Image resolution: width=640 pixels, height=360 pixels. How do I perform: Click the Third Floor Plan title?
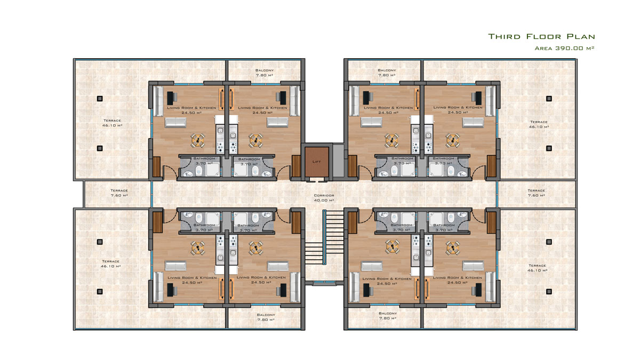pyautogui.click(x=541, y=37)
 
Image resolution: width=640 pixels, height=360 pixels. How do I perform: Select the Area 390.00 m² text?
pyautogui.click(x=565, y=48)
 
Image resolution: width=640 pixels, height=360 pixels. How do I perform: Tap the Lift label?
pyautogui.click(x=317, y=162)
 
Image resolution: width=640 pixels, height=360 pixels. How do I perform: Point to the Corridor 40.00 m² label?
pyautogui.click(x=324, y=198)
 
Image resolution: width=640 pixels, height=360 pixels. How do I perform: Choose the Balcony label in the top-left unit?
pyautogui.click(x=265, y=73)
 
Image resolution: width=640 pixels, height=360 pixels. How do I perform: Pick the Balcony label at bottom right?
pyautogui.click(x=388, y=316)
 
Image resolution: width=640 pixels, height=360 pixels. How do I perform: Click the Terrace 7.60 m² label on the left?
pyautogui.click(x=119, y=193)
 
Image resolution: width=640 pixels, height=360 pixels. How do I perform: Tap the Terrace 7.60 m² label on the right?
pyautogui.click(x=537, y=193)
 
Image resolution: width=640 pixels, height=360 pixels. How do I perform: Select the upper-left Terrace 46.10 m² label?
pyautogui.click(x=113, y=123)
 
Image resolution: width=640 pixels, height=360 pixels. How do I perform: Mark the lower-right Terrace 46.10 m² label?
pyautogui.click(x=538, y=268)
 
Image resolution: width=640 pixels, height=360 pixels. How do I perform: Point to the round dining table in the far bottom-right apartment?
pyautogui.click(x=453, y=248)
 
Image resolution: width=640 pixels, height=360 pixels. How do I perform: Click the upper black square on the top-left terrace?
pyautogui.click(x=100, y=99)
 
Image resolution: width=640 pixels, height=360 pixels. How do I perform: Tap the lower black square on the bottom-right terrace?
pyautogui.click(x=549, y=291)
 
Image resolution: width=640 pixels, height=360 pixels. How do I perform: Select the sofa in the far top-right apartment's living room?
pyautogui.click(x=474, y=122)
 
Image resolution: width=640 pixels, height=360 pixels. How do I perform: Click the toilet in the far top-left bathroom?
pyautogui.click(x=199, y=171)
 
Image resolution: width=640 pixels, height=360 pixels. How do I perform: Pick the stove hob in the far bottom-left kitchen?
pyautogui.click(x=220, y=240)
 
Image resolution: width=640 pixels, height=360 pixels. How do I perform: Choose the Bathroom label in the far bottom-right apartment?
pyautogui.click(x=444, y=227)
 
